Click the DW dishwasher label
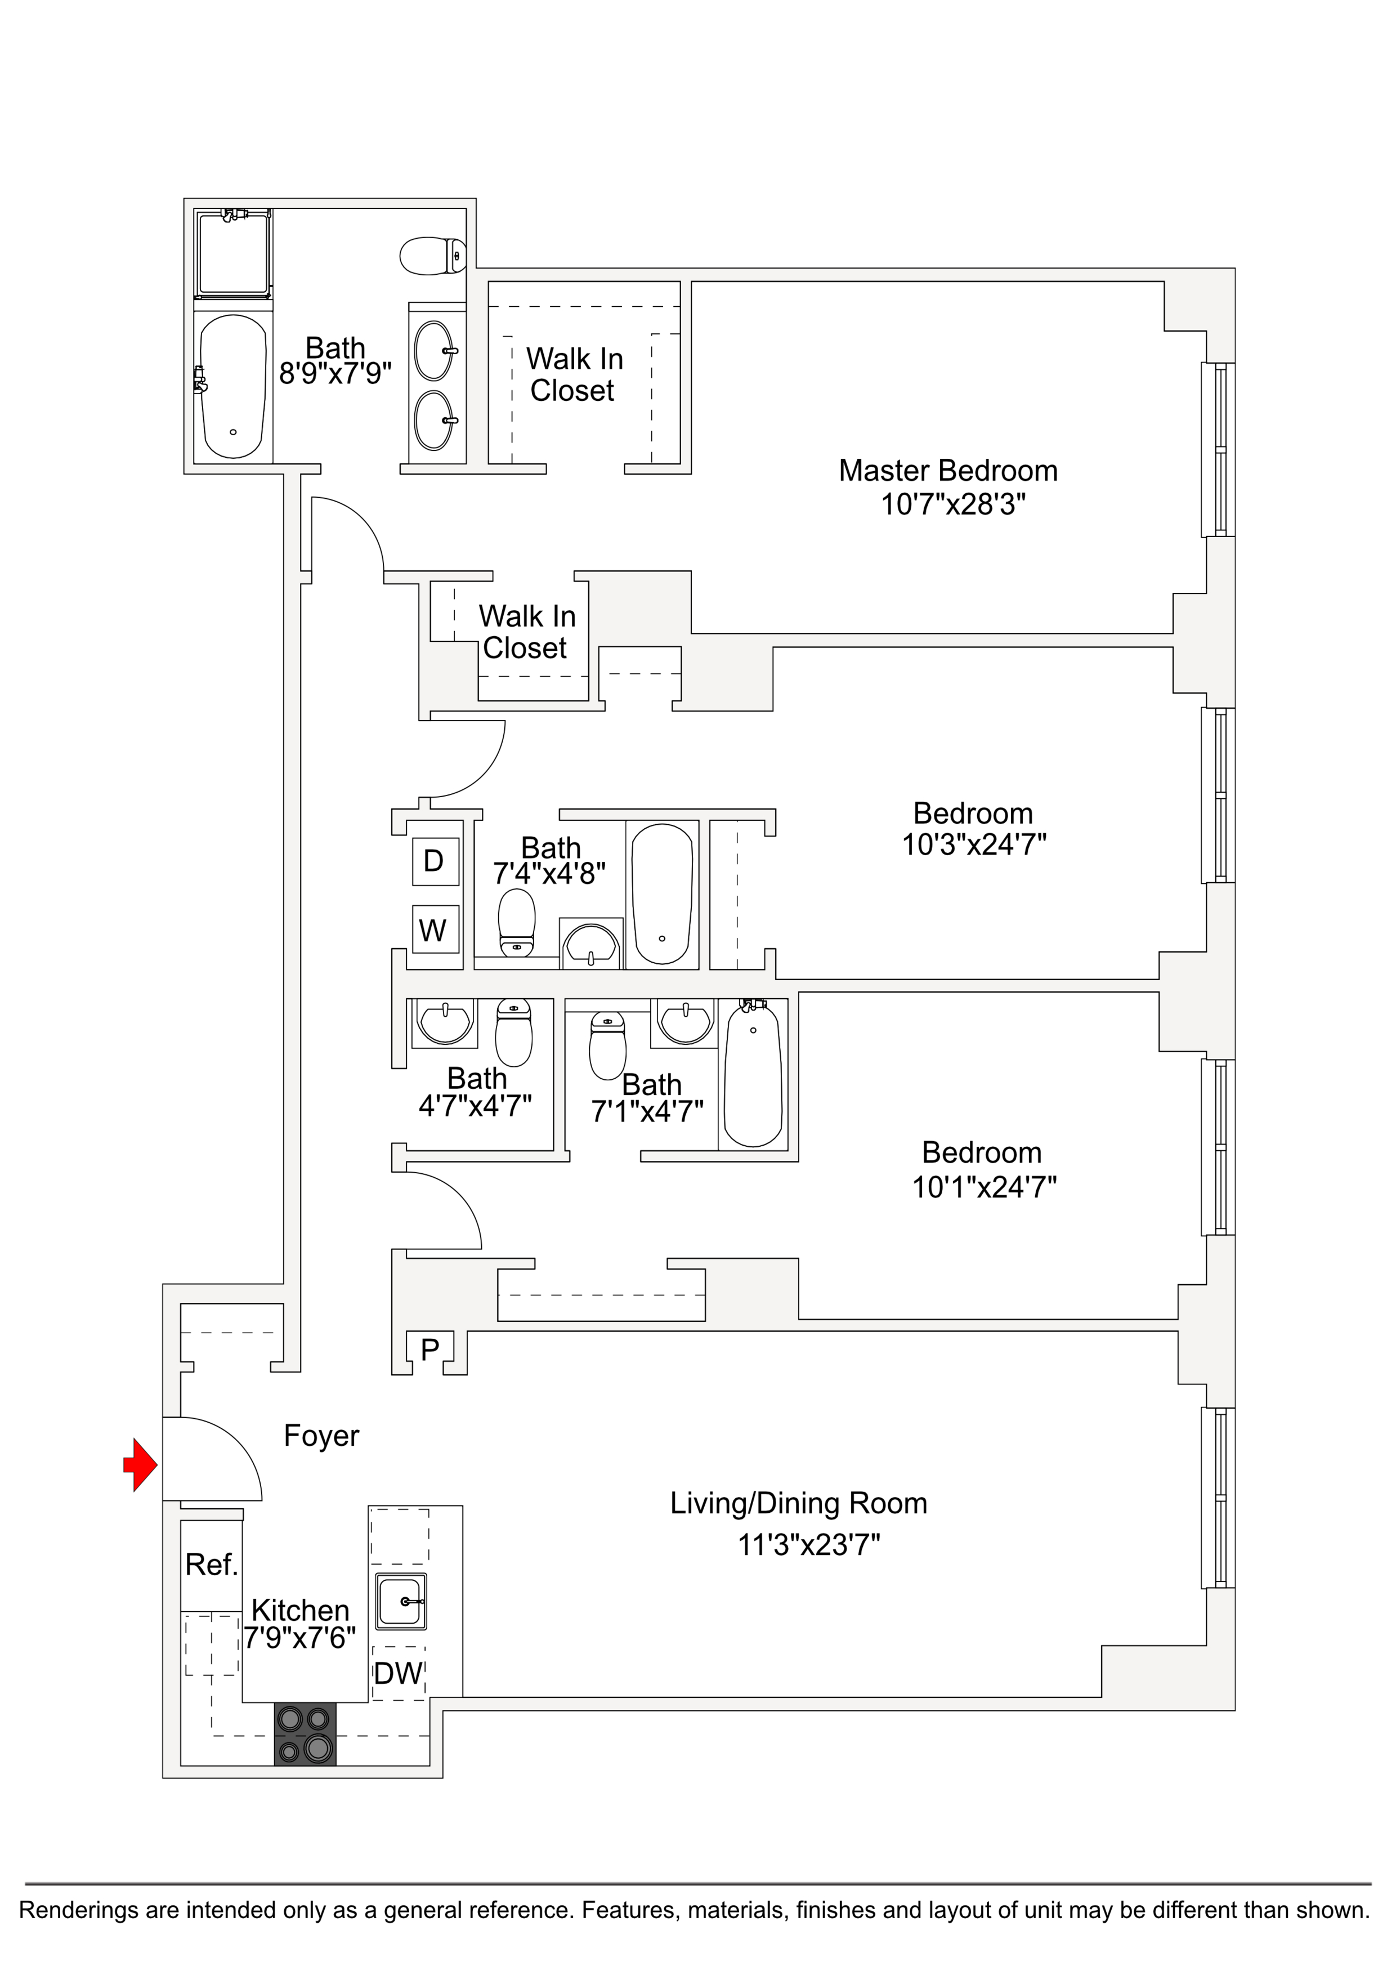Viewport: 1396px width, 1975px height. (x=398, y=1673)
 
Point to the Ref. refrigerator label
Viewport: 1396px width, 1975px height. (x=211, y=1565)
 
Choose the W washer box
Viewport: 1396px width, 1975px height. (x=433, y=930)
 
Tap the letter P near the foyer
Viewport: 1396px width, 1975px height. (x=430, y=1350)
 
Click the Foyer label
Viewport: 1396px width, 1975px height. (x=321, y=1436)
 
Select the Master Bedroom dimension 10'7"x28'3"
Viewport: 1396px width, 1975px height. (x=953, y=504)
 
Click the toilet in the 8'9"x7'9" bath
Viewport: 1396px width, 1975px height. (x=433, y=256)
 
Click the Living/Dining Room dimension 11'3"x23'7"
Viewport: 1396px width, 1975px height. (x=808, y=1545)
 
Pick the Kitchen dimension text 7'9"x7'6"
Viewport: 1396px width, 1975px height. (x=299, y=1638)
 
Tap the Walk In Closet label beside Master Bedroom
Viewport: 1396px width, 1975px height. (x=574, y=374)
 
